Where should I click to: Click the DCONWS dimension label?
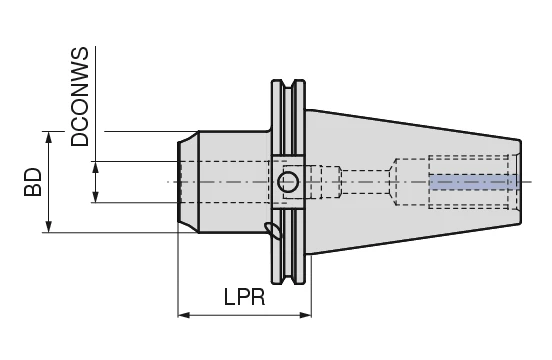point(80,96)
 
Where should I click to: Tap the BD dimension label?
point(33,182)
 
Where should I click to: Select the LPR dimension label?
point(245,297)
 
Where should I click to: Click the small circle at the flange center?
point(288,182)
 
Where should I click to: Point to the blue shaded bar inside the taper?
point(474,182)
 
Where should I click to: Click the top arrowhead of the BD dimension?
point(49,137)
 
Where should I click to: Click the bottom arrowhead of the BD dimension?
point(49,227)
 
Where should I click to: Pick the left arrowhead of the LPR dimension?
point(184,315)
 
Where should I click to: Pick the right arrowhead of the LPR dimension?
point(305,315)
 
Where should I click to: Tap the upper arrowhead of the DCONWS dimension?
point(95,167)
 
